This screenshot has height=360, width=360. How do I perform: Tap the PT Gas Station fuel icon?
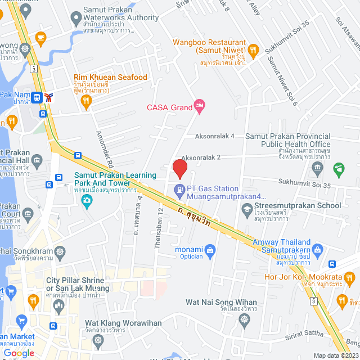click(x=179, y=190)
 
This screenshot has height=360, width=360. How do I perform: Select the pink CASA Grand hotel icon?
click(x=199, y=105)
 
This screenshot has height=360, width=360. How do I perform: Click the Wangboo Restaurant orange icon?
click(x=253, y=49)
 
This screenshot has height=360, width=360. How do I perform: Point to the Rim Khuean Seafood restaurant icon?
click(x=86, y=101)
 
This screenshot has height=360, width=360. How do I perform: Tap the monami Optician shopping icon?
click(x=210, y=249)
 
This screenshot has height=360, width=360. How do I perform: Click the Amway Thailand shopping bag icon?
click(x=317, y=249)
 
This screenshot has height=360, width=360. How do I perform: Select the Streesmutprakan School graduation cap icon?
click(x=246, y=210)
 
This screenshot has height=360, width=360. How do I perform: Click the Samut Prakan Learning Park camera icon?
click(x=87, y=200)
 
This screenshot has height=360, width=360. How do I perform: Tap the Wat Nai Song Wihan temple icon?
click(x=244, y=319)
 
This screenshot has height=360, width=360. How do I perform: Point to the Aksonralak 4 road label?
click(x=214, y=136)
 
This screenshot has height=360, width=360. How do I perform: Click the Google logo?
click(x=19, y=353)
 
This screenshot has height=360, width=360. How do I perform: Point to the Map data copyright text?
click(x=336, y=355)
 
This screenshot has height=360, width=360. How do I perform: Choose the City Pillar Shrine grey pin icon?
click(x=58, y=305)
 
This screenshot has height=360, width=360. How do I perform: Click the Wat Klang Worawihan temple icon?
click(x=98, y=340)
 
